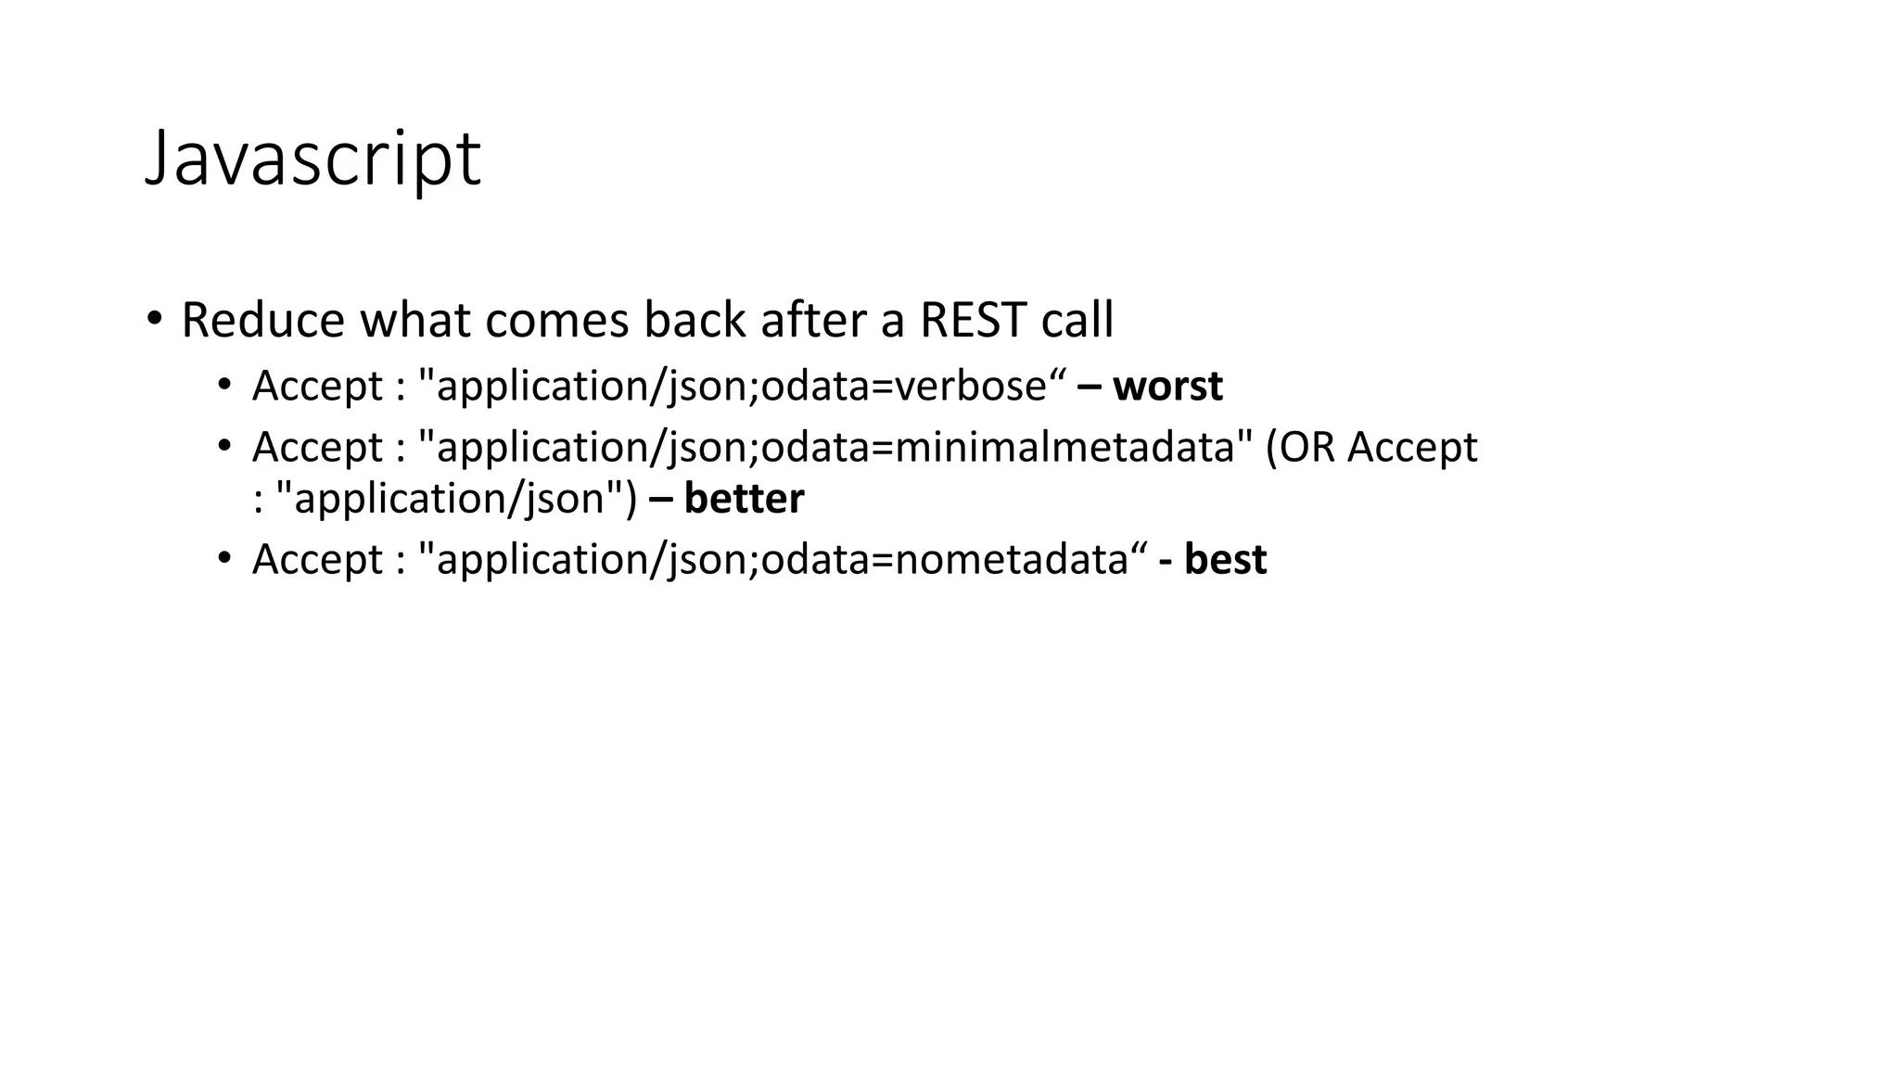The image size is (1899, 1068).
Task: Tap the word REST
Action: click(973, 320)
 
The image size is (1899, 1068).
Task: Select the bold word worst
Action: click(1167, 386)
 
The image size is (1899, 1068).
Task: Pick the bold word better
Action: click(744, 499)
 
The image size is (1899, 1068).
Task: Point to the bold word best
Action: click(1225, 559)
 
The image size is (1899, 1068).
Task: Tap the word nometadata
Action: click(1011, 559)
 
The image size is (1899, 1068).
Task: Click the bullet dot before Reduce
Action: click(154, 318)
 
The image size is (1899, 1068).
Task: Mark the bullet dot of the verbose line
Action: click(223, 385)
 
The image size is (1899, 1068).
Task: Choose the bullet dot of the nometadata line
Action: click(223, 558)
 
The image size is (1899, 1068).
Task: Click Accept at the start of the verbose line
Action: click(317, 386)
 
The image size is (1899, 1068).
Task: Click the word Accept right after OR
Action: click(1412, 447)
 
